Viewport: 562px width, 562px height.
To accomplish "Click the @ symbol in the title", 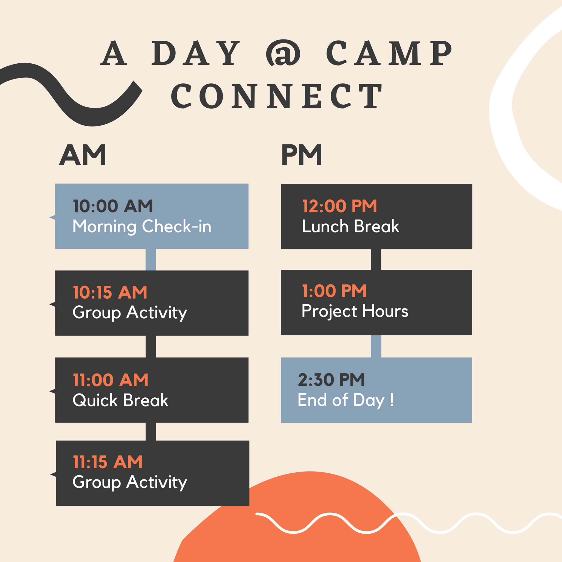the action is pyautogui.click(x=283, y=53).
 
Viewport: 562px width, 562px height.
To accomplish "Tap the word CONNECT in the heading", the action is pyautogui.click(x=276, y=96).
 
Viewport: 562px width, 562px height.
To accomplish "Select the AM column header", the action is pyautogui.click(x=82, y=155).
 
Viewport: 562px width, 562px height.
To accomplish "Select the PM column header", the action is pyautogui.click(x=302, y=155).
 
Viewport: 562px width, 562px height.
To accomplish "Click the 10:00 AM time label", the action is pyautogui.click(x=113, y=206).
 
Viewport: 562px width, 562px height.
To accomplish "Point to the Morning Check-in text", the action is pyautogui.click(x=142, y=227).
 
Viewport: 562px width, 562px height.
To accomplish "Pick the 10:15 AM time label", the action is pyautogui.click(x=110, y=292).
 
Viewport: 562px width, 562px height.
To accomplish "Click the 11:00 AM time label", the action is pyautogui.click(x=111, y=380).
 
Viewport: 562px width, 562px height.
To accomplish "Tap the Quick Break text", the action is pyautogui.click(x=120, y=400).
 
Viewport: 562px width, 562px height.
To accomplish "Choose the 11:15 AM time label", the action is pyautogui.click(x=108, y=462).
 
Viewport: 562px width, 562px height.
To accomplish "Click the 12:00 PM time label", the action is pyautogui.click(x=339, y=206).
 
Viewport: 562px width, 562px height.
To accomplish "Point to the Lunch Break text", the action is pyautogui.click(x=350, y=226).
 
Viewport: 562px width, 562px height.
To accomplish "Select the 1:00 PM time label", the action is pyautogui.click(x=334, y=291).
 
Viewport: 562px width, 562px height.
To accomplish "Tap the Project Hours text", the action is pyautogui.click(x=355, y=311).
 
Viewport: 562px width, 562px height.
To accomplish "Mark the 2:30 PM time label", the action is pyautogui.click(x=331, y=380).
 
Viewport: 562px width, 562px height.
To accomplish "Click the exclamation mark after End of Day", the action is pyautogui.click(x=392, y=400).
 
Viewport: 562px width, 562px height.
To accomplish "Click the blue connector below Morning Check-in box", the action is pyautogui.click(x=151, y=260).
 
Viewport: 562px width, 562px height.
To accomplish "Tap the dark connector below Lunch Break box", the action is pyautogui.click(x=376, y=260).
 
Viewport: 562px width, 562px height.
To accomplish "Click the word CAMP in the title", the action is pyautogui.click(x=389, y=53).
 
